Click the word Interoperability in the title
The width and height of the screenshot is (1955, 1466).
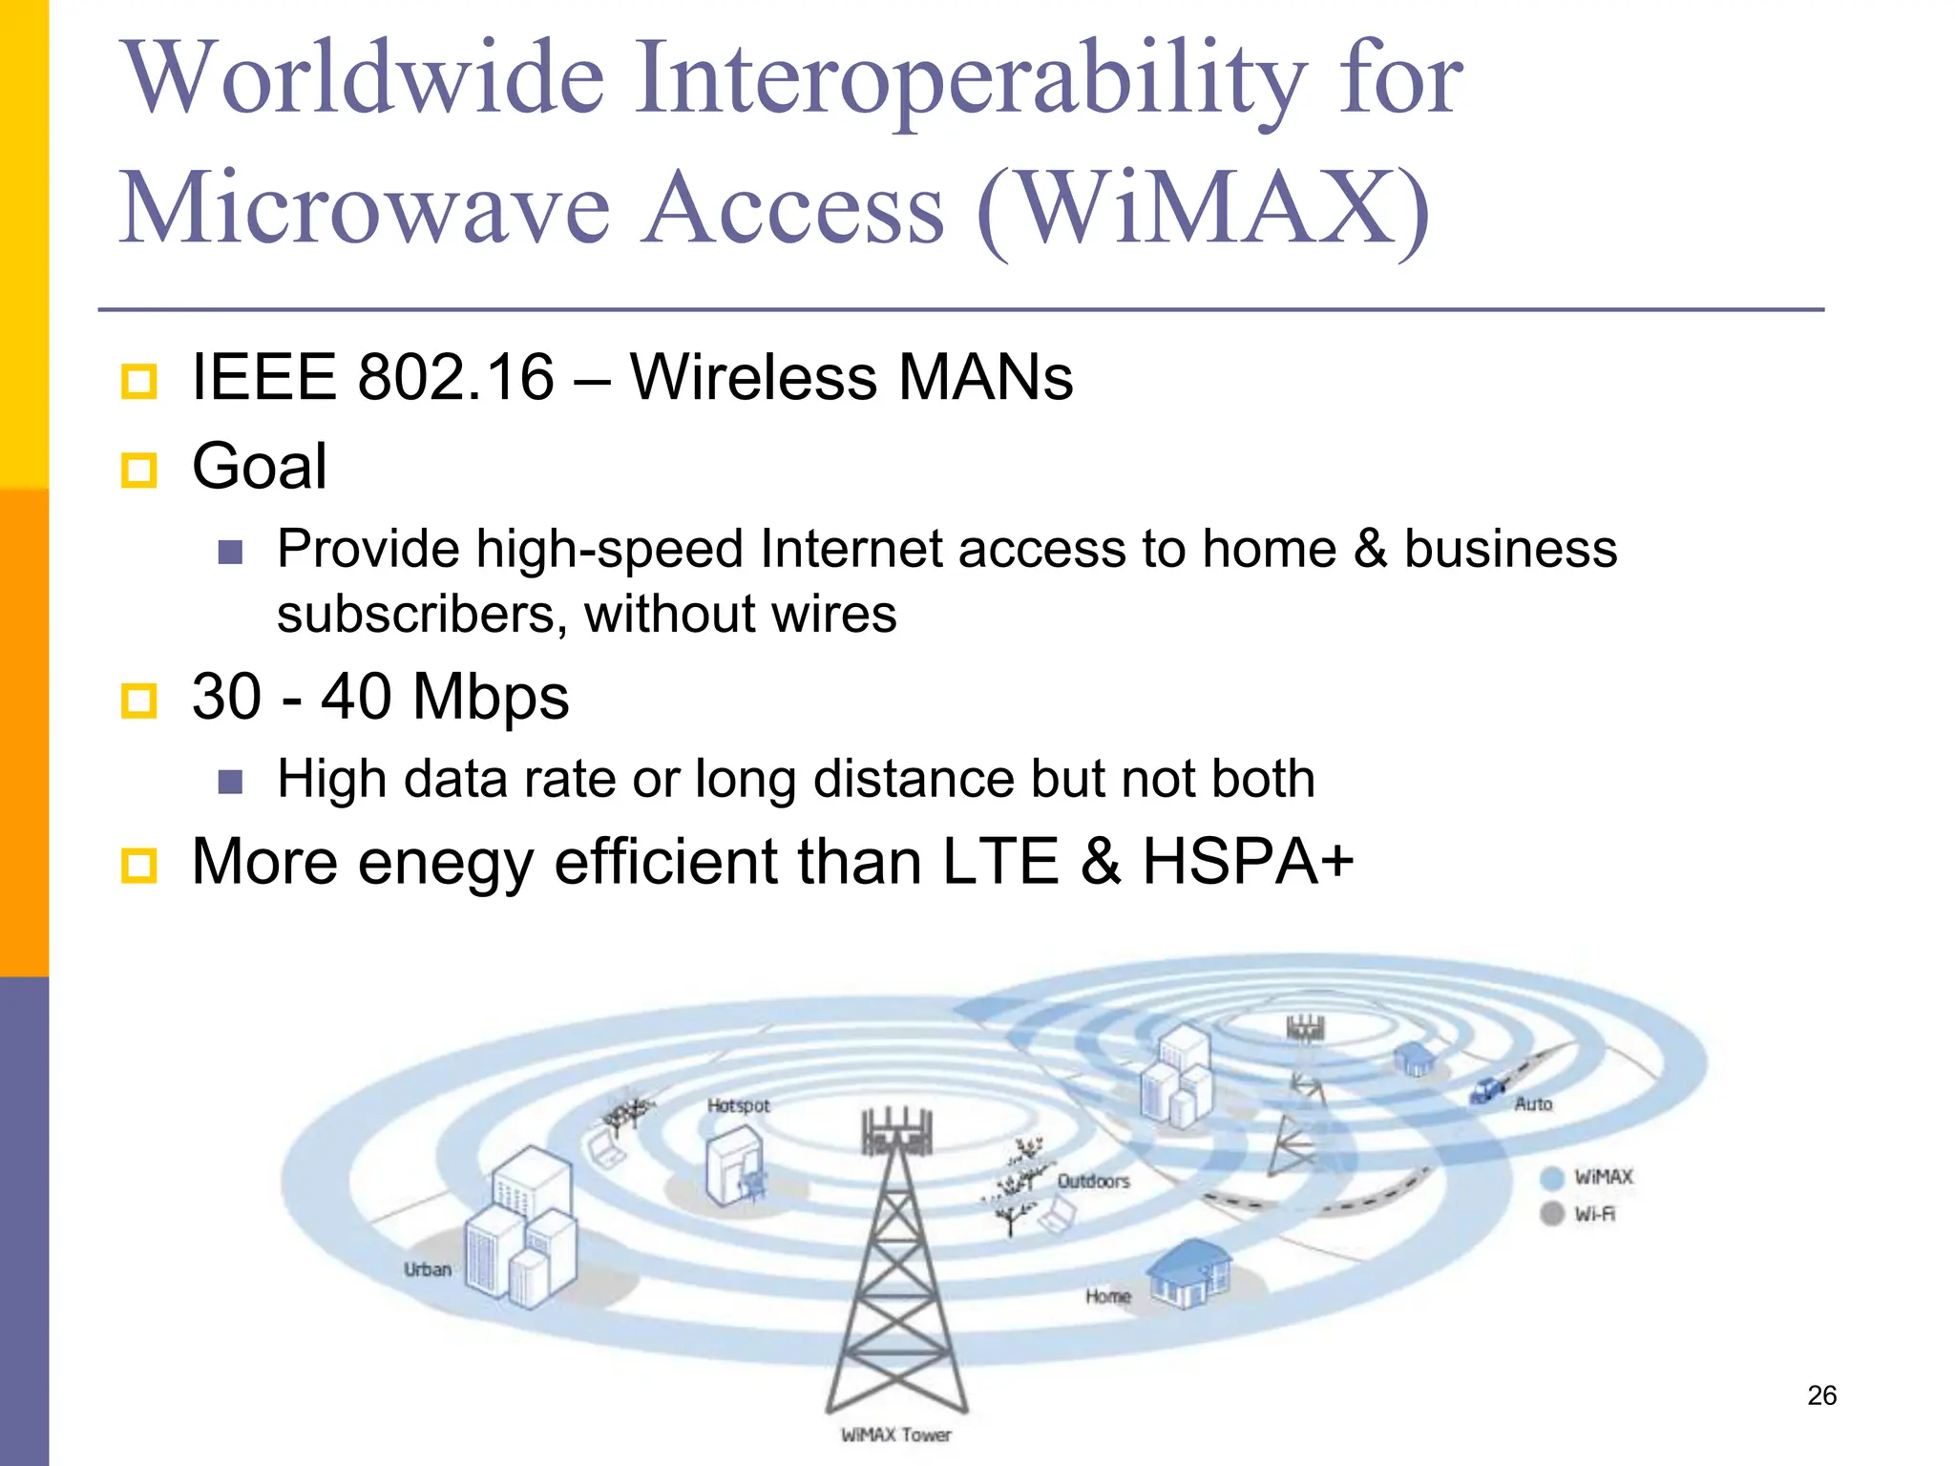click(x=971, y=80)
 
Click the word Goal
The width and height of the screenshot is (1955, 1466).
click(x=259, y=467)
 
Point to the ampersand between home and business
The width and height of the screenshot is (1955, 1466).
click(x=1370, y=550)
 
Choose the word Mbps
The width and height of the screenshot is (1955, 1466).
click(x=491, y=698)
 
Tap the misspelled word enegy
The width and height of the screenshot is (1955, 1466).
click(x=445, y=863)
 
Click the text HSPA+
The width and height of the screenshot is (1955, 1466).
click(x=1248, y=862)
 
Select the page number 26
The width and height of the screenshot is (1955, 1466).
click(x=1821, y=1395)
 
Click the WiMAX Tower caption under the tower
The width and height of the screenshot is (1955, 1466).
click(x=895, y=1435)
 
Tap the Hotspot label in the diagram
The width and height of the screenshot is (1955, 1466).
click(x=738, y=1105)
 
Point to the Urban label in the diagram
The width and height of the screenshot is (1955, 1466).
click(x=427, y=1269)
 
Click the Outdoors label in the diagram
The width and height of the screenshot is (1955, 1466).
click(x=1093, y=1182)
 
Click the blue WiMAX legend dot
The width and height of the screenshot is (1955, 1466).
click(x=1552, y=1178)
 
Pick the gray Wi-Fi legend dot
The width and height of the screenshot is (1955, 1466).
click(x=1552, y=1213)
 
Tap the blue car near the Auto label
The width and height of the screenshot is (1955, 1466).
click(x=1485, y=1089)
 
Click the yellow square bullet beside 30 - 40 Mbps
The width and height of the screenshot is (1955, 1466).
click(x=139, y=701)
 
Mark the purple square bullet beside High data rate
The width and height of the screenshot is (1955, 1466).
click(x=230, y=783)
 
